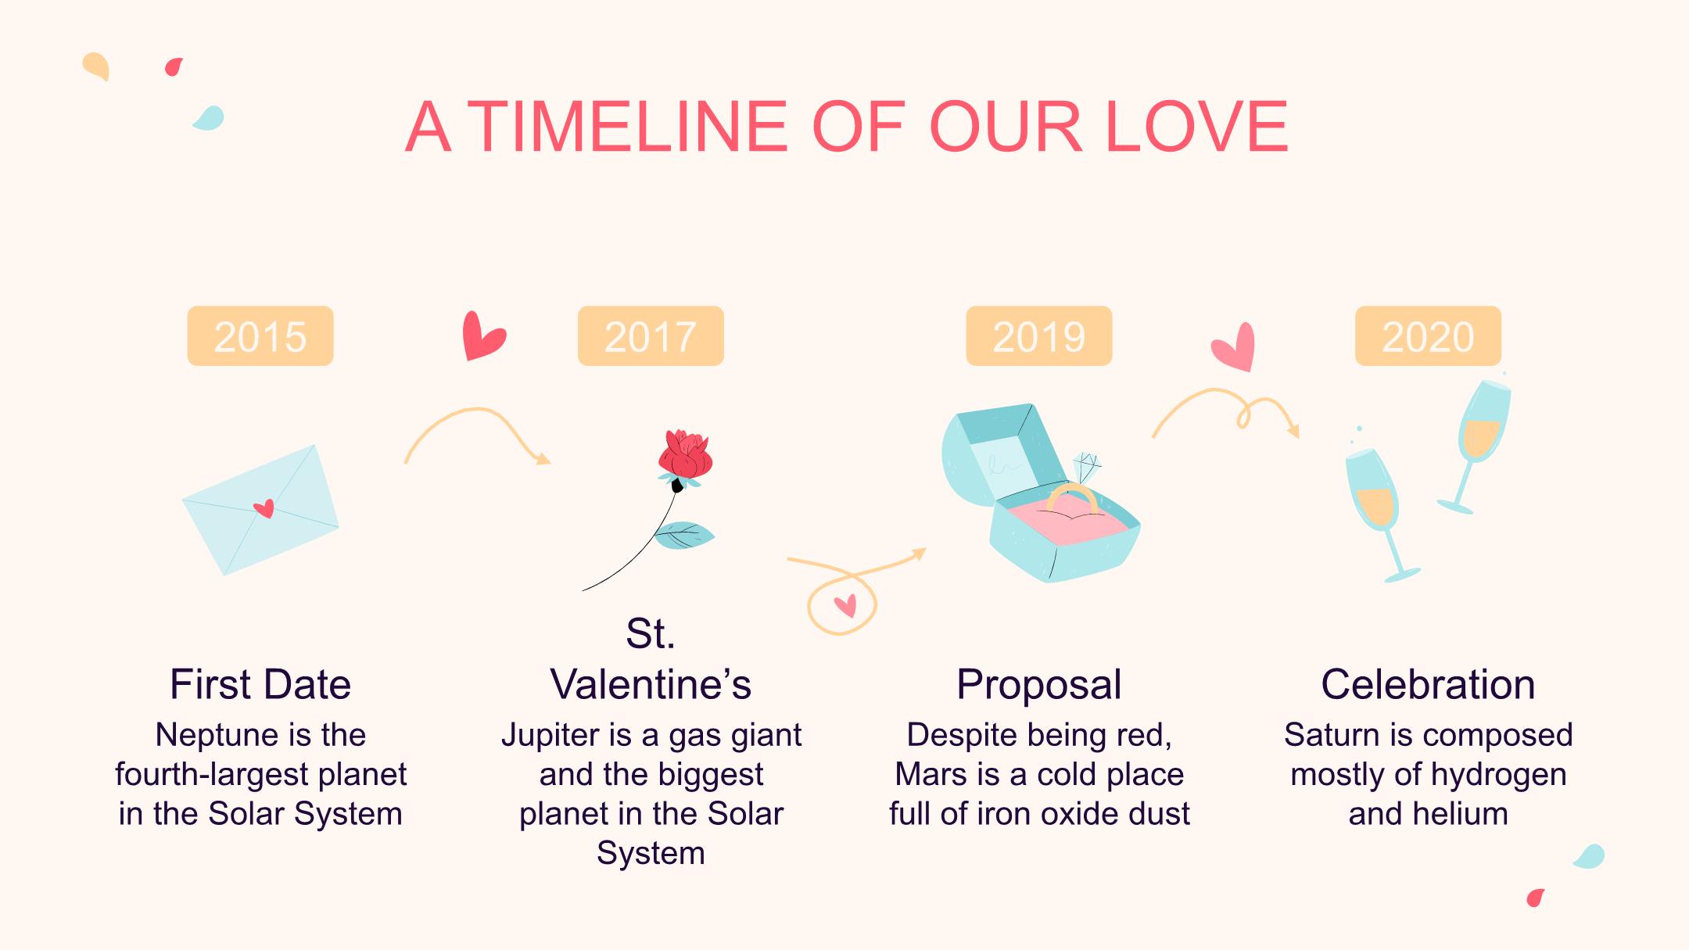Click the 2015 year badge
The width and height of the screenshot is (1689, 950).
point(260,336)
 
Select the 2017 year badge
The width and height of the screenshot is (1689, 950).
point(651,336)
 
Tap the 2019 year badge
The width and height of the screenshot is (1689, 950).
point(1039,336)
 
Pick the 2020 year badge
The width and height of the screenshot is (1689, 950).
point(1428,336)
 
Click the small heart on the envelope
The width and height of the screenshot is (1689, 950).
point(264,509)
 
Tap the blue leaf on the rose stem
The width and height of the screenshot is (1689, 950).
point(683,536)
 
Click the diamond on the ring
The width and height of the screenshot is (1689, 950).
point(1087,467)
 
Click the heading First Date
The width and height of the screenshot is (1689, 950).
point(260,684)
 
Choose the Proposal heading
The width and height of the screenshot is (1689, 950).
point(1039,686)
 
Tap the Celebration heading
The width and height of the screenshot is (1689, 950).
point(1428,684)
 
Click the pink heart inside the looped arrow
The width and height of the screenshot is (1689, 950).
point(845,605)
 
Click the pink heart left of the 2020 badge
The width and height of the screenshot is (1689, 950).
point(1235,346)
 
